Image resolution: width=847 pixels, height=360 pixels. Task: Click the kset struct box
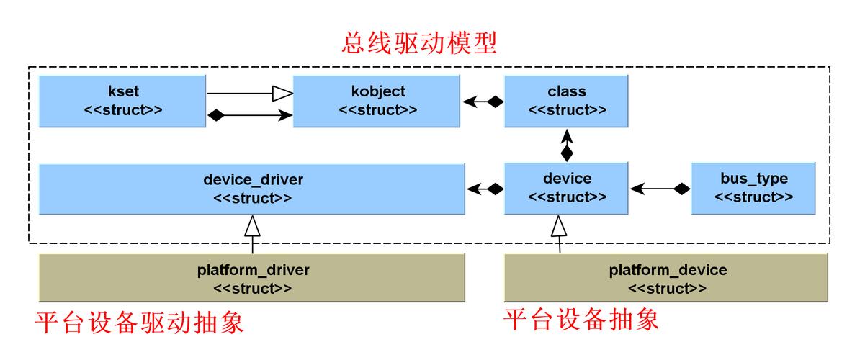pos(122,101)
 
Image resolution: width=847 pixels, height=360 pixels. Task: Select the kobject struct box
pos(377,101)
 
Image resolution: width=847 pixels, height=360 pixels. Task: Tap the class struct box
pos(566,101)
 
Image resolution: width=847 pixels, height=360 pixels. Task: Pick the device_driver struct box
pos(252,189)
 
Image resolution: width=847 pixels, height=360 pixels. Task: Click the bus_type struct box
pos(753,189)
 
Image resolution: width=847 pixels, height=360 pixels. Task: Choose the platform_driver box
pos(252,279)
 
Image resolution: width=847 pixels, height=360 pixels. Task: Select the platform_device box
pos(666,279)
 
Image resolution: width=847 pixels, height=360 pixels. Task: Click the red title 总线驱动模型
pos(419,44)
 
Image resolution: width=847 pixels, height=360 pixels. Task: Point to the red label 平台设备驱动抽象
pos(139,323)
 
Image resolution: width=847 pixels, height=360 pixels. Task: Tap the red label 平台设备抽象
pos(581,320)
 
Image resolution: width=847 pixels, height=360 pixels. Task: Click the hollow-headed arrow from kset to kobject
pos(250,94)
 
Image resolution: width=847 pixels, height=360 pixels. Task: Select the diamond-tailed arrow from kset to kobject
pos(250,114)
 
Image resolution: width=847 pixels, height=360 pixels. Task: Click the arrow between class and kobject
pos(483,101)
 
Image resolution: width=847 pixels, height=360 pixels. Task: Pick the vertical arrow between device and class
pos(566,145)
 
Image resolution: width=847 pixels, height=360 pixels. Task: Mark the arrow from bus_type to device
pos(660,189)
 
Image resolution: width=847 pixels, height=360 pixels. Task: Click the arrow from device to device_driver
pos(485,189)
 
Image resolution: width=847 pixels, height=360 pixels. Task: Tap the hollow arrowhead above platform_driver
pos(252,226)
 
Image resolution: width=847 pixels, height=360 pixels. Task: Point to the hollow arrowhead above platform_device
pos(559,226)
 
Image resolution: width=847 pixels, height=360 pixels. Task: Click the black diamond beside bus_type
pos(682,189)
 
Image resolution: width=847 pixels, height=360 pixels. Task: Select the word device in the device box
pos(567,178)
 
